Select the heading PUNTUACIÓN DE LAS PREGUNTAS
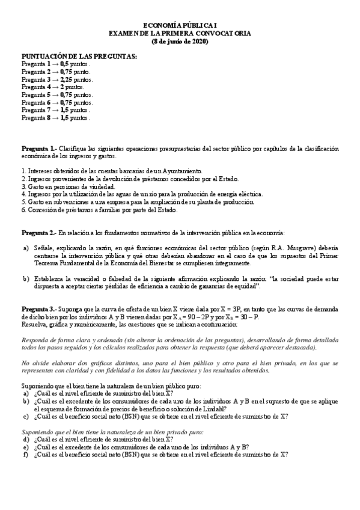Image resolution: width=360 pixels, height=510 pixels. [79, 56]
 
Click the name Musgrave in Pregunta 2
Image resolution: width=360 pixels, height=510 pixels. [308, 248]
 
